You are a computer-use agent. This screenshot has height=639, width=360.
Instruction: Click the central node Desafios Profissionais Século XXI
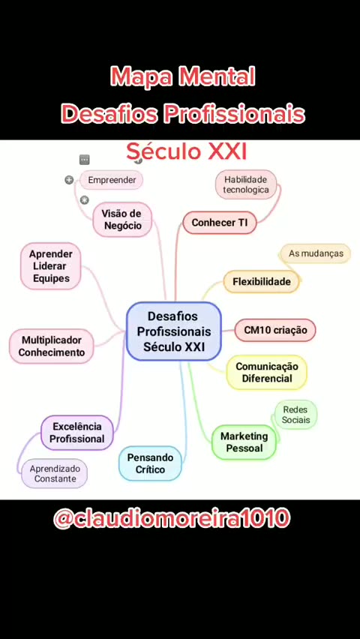click(x=174, y=331)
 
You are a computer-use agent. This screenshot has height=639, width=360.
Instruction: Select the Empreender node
click(x=111, y=180)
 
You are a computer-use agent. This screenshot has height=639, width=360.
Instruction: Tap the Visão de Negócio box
click(x=122, y=219)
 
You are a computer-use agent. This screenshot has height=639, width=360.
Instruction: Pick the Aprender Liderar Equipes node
click(x=50, y=266)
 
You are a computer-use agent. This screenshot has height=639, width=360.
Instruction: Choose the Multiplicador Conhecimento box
click(x=51, y=346)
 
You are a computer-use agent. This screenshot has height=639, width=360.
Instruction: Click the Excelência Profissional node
click(x=77, y=433)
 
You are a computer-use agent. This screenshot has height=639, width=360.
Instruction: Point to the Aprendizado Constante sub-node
click(x=55, y=473)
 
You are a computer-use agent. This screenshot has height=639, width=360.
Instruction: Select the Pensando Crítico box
click(x=150, y=463)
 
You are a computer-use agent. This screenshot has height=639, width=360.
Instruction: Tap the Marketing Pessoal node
click(x=244, y=442)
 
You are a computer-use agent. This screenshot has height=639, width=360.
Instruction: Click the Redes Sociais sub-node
click(x=295, y=415)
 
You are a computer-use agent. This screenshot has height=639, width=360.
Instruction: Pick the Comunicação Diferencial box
click(x=267, y=372)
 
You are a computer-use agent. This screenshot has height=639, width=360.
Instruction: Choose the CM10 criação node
click(x=275, y=330)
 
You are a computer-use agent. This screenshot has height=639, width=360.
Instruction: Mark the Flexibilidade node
click(x=261, y=281)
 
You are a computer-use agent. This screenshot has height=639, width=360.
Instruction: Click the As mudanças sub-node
click(x=316, y=253)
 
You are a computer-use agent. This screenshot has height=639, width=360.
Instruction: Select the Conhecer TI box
click(x=219, y=223)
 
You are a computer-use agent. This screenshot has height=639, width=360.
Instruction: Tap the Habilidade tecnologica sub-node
click(x=246, y=184)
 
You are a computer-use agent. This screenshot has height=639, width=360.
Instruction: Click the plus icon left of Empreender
click(x=69, y=180)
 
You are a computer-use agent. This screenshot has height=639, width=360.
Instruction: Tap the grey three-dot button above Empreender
click(x=85, y=159)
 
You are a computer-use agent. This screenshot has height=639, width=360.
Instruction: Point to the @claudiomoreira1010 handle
click(x=172, y=518)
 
